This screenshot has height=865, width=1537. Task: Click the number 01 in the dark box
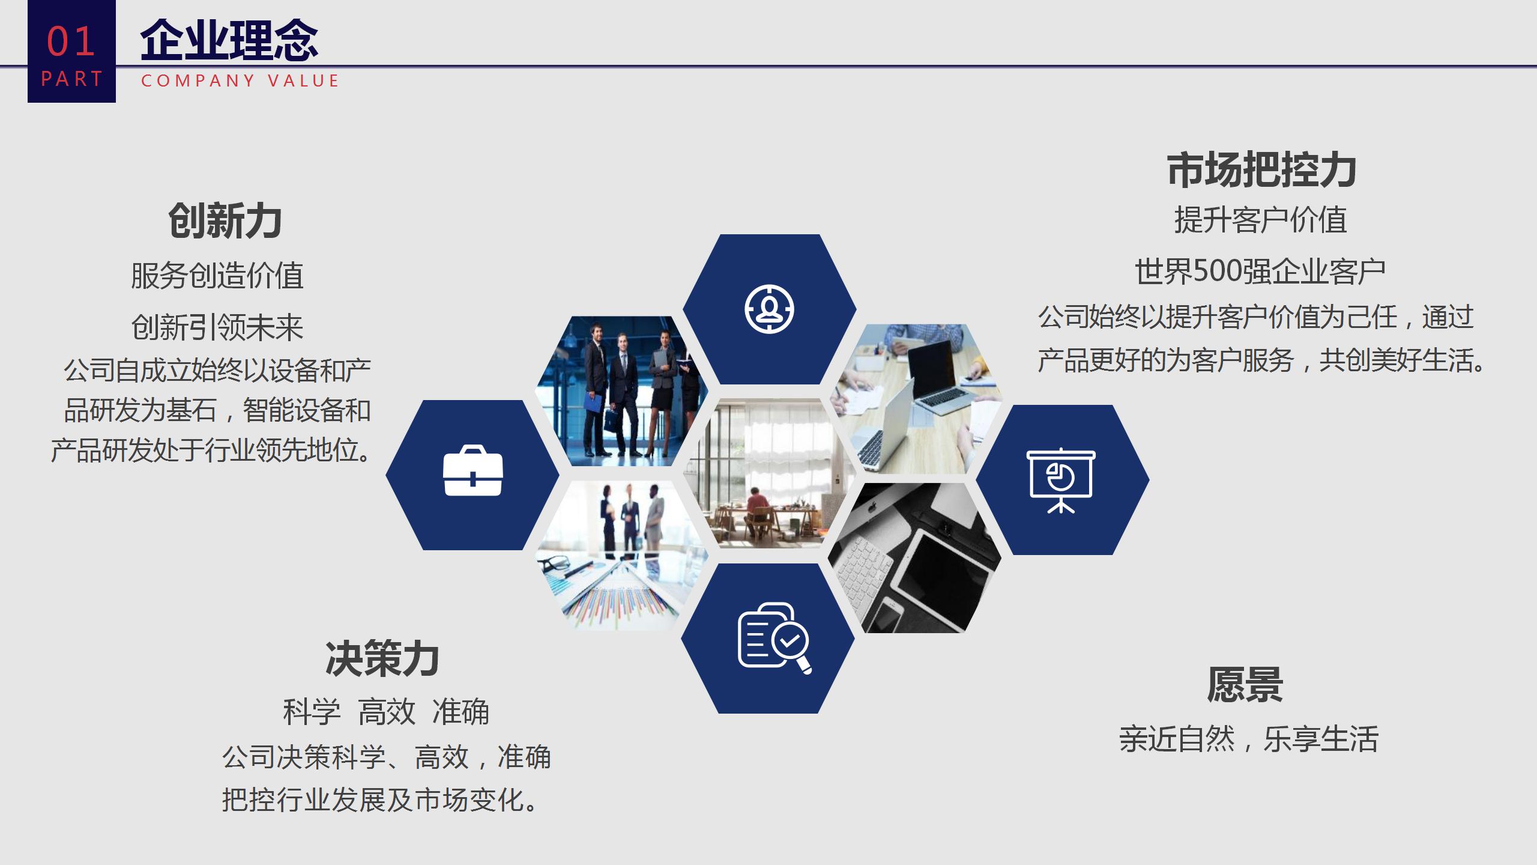coord(71,41)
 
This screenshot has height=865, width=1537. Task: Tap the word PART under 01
coord(72,79)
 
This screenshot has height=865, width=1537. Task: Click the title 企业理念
coord(229,40)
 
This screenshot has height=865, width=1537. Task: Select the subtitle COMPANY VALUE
coord(240,80)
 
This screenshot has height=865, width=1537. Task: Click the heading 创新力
coord(225,220)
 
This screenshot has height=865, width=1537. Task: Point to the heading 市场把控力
coord(1261,169)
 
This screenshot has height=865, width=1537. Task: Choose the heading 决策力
coord(382,659)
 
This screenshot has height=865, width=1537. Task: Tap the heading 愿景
coord(1245,685)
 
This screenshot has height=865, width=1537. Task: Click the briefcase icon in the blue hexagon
coord(473,471)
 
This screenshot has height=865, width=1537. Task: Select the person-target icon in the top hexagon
coord(769,309)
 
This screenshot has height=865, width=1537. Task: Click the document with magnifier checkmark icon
coord(775,638)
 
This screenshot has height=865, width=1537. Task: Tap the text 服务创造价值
coord(217,276)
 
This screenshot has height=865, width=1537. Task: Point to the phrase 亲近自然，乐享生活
coord(1249,739)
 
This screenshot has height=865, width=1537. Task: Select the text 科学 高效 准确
coord(386,712)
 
